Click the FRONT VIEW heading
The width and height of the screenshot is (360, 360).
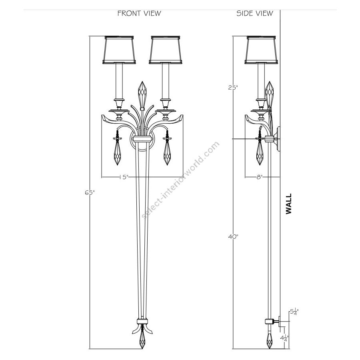(139, 13)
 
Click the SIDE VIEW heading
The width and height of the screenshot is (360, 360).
(255, 13)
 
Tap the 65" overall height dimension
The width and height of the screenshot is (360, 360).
(90, 193)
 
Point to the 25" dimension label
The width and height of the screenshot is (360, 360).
(233, 87)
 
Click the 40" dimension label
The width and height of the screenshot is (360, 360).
(234, 236)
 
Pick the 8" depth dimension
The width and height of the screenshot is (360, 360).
(260, 177)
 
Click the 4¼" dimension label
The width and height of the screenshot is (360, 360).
(284, 338)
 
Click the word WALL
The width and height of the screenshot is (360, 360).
(288, 204)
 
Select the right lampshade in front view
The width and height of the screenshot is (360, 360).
(166, 50)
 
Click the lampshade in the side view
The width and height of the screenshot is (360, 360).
(261, 50)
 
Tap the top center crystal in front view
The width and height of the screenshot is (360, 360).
(142, 94)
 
